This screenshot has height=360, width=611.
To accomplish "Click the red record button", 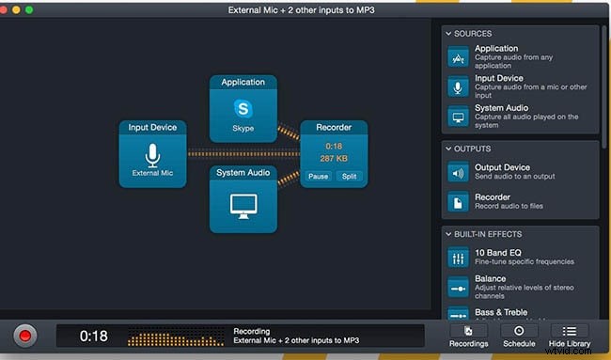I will [x=25, y=336].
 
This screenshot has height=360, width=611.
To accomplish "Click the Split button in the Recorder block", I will [x=349, y=176].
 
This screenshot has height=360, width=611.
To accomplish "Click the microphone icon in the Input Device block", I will [x=152, y=155].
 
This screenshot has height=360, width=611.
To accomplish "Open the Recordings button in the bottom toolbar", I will [x=467, y=336].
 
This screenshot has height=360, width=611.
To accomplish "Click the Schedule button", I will [x=518, y=336].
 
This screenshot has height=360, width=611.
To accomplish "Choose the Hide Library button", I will [x=569, y=336].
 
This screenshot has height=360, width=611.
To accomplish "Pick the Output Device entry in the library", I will [x=503, y=171].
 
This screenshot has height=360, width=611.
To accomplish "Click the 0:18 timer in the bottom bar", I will [x=94, y=336].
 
